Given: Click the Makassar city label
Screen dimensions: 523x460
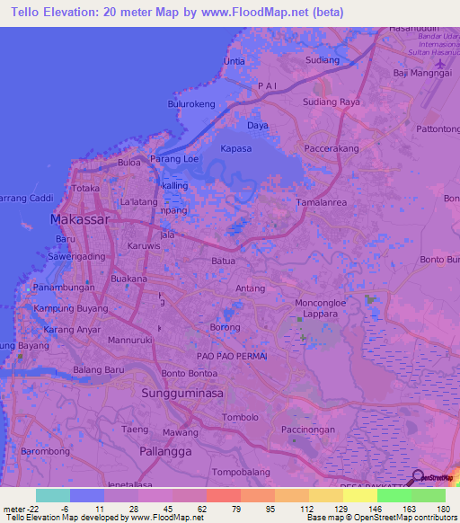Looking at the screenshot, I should coord(81,219).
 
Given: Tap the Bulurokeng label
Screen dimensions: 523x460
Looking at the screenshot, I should coord(191,104).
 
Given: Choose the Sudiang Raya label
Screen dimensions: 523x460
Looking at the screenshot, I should coord(331,102).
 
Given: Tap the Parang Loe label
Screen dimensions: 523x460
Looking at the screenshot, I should coord(174,159).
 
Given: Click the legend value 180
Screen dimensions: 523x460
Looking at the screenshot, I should coord(443,509).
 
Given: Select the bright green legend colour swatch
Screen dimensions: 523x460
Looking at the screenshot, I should coord(394,495).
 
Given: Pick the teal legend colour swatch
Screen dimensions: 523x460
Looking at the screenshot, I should coord(52,495).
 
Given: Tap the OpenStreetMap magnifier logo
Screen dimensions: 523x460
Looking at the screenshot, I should coord(418,476).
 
